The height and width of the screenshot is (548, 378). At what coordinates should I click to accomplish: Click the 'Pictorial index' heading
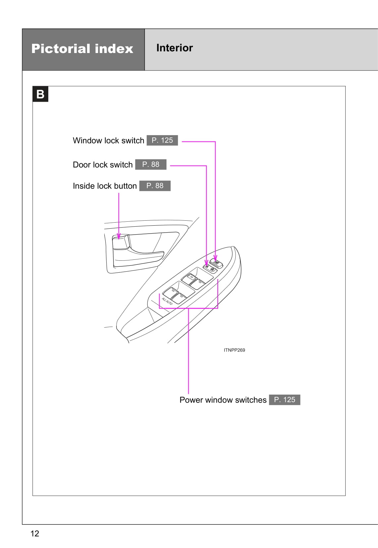coord(82,49)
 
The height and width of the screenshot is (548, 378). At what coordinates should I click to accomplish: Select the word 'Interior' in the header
coord(174,48)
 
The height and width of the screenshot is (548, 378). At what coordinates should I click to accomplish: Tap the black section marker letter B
coord(40,94)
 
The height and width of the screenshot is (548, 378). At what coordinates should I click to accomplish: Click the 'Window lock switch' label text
coord(108,140)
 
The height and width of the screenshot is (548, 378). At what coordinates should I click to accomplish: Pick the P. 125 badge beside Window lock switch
coord(162,140)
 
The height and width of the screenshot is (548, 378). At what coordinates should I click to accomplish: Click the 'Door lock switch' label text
coord(103,165)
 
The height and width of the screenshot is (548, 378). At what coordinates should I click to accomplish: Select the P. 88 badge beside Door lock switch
coord(151,165)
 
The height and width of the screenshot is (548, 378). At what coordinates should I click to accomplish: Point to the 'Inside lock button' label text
coord(105,186)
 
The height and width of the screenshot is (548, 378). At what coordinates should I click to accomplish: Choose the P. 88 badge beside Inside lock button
coord(155,186)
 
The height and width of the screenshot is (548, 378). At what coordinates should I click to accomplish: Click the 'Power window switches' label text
coord(223,400)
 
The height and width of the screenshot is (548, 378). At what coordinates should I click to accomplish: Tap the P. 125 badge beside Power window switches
coord(285,400)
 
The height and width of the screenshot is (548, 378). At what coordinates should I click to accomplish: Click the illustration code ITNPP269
coord(234,350)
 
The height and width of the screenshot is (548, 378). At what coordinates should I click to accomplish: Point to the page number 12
coord(34,533)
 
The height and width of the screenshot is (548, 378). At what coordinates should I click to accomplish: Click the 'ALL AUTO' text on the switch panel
coord(167,301)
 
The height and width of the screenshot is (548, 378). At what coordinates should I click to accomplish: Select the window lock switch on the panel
coord(217,264)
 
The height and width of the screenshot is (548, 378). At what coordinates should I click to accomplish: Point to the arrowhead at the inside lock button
coord(119,236)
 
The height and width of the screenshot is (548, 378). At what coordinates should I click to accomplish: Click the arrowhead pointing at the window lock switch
coord(215,258)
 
